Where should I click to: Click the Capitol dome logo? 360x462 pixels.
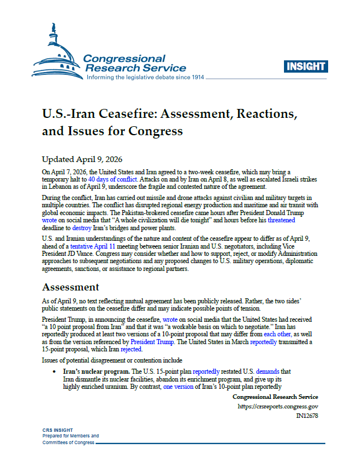[55, 53]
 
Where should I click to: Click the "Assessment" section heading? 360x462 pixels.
[71, 287]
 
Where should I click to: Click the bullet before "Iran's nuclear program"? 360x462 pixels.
[54, 371]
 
